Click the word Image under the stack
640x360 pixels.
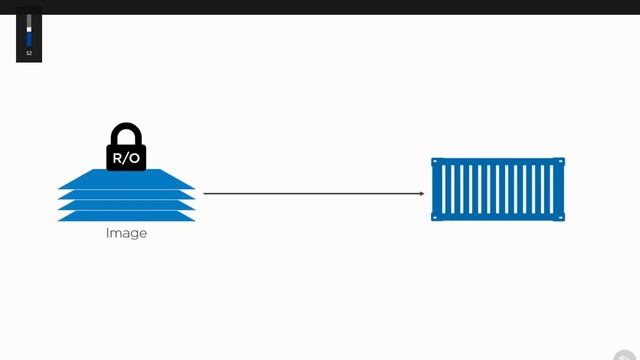pos(126,233)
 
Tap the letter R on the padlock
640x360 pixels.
pos(117,157)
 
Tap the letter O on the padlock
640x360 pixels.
pos(136,157)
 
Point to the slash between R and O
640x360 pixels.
pos(126,157)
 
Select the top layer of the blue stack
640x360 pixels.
pos(126,182)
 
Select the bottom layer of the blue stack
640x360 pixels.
pos(126,215)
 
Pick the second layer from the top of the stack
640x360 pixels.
pos(126,194)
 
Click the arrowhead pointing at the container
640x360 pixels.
pos(421,193)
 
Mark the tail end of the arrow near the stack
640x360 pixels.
pos(206,193)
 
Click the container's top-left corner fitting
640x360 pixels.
pos(435,161)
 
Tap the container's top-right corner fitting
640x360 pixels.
pos(561,161)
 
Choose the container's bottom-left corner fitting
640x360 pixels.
pos(435,217)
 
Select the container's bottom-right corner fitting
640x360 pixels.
pos(561,217)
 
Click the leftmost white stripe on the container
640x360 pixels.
pos(443,189)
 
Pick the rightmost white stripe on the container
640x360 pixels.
pos(553,189)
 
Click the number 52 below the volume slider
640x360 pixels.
pos(29,53)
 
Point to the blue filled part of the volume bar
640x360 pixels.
pos(29,40)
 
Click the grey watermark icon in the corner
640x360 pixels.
pos(627,352)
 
